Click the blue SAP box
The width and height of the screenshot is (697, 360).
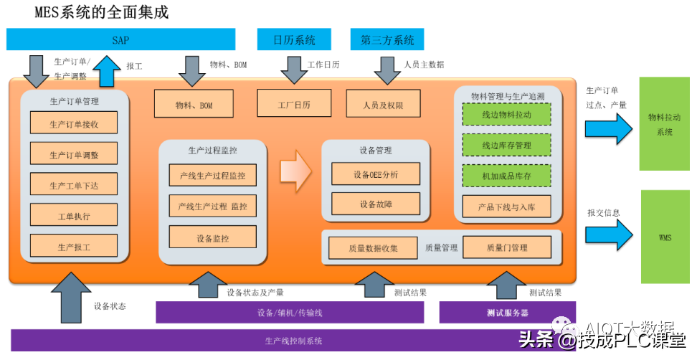pos(120,39)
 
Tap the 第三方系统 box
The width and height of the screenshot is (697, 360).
pos(387,39)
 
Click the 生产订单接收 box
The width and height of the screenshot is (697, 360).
pos(74,123)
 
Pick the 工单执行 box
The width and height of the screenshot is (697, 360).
pos(74,215)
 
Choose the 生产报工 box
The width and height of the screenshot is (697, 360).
pos(74,247)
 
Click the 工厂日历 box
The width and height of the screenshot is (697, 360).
pos(294,103)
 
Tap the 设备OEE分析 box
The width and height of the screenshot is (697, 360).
pos(375,174)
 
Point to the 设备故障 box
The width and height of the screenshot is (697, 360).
pos(375,204)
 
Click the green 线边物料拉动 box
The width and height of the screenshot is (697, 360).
pos(506,115)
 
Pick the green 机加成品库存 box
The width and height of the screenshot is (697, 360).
pos(506,176)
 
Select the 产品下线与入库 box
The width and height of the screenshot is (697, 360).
pos(506,207)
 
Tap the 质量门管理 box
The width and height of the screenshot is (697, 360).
pos(506,247)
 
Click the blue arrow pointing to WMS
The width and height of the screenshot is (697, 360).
pos(608,234)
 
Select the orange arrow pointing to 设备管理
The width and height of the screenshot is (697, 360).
pos(295,170)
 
